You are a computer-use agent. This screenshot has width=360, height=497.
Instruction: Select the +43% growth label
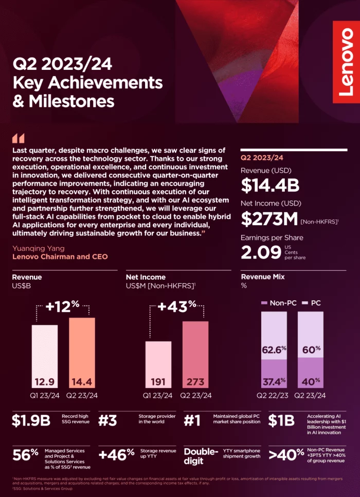[x=177, y=307]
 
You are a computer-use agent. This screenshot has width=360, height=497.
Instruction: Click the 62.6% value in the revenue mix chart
[x=274, y=350]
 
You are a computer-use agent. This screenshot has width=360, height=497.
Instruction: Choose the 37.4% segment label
[x=274, y=381]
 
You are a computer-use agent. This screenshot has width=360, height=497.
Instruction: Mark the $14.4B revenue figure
[x=270, y=185]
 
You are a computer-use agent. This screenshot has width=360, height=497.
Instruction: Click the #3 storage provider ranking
[x=107, y=421]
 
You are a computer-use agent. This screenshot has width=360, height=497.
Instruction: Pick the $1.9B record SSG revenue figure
[x=31, y=421]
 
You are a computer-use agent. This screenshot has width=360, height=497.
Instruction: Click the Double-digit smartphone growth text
[x=201, y=456]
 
